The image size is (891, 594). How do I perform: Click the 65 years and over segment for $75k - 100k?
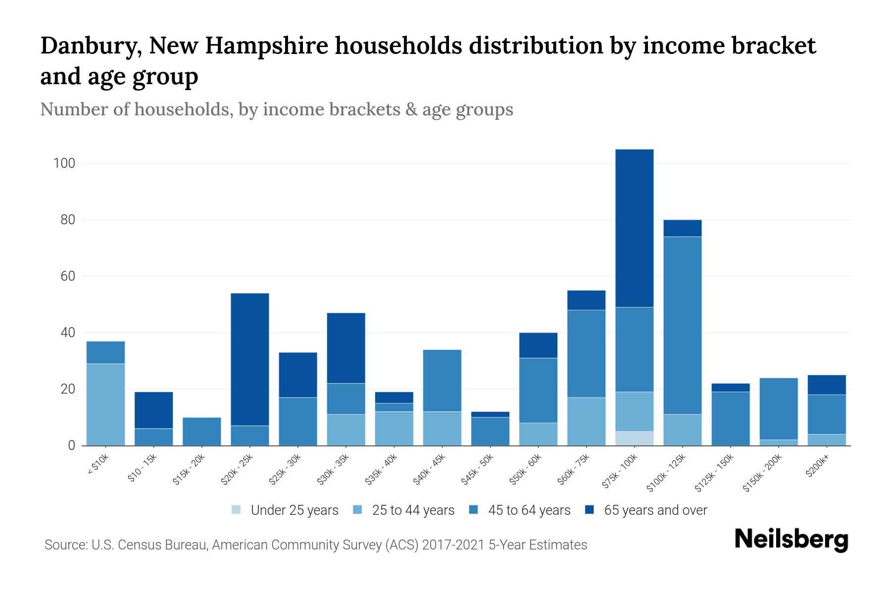[634, 228]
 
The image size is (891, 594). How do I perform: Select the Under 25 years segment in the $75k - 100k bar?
[634, 438]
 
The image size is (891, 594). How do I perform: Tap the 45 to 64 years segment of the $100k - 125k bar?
[682, 325]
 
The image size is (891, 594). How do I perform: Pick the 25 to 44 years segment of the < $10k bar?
[105, 404]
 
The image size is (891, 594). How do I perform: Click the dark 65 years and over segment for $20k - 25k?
[250, 359]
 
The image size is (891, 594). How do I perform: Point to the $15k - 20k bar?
[202, 431]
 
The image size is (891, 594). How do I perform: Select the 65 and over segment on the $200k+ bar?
[826, 385]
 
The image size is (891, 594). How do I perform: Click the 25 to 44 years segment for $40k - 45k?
[442, 428]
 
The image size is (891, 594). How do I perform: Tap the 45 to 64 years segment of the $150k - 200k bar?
[778, 408]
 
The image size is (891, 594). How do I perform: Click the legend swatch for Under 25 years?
[237, 509]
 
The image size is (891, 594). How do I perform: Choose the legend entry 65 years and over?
[655, 510]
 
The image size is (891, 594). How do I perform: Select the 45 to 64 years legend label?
[529, 510]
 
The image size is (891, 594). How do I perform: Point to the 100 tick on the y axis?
[64, 163]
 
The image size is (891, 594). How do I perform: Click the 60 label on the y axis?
[67, 276]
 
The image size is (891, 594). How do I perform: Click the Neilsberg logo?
[791, 539]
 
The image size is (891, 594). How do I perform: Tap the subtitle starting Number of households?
[276, 109]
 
